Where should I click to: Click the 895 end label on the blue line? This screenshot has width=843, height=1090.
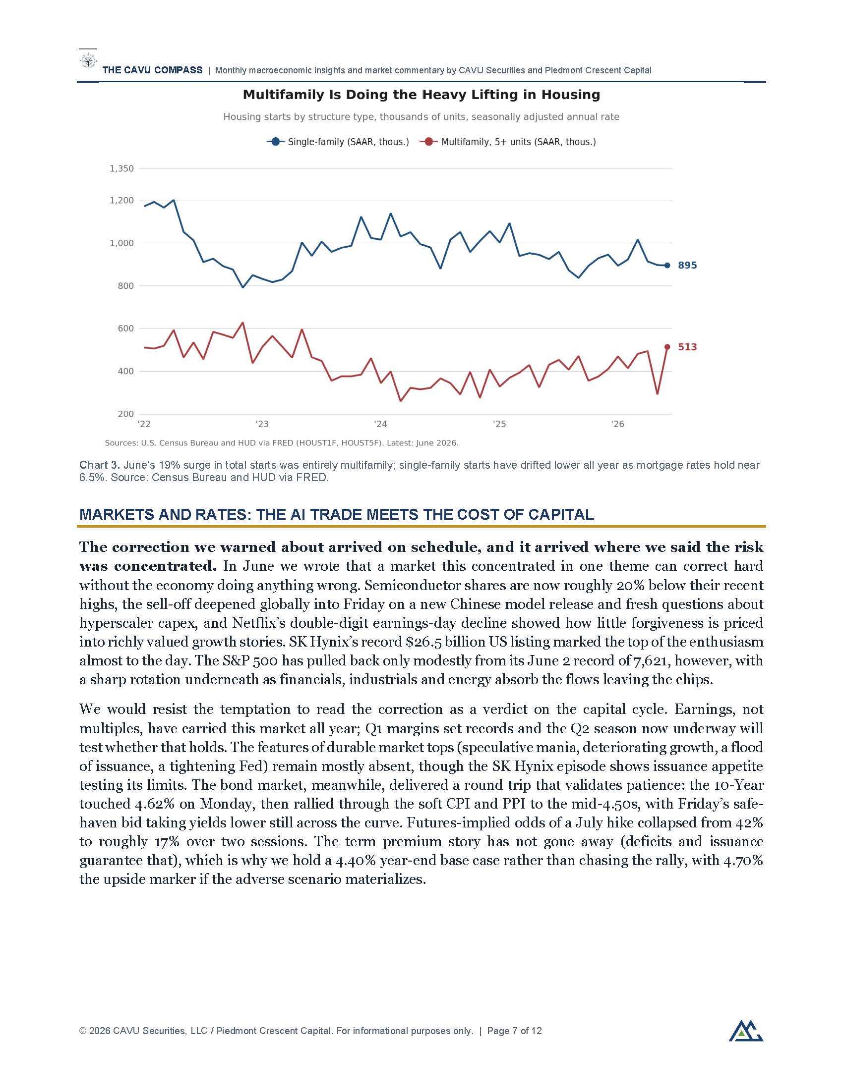tap(687, 266)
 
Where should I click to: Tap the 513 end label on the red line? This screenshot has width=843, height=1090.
tap(687, 347)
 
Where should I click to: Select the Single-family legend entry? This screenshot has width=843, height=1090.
tap(338, 142)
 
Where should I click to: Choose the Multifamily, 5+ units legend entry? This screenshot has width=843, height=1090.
tap(507, 142)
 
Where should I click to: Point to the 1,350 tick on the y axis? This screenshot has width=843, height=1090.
tap(122, 168)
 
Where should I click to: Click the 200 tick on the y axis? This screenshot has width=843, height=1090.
tap(126, 414)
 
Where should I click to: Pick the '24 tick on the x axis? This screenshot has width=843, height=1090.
tap(380, 424)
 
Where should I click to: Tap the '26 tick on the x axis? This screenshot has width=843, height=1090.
tap(618, 424)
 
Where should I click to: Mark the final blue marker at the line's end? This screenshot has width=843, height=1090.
tap(667, 266)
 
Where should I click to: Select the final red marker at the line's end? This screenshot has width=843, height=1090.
tap(667, 347)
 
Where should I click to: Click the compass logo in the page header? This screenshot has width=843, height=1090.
tap(88, 61)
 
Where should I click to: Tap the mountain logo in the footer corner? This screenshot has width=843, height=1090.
tap(746, 1031)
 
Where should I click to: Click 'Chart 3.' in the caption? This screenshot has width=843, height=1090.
tap(100, 465)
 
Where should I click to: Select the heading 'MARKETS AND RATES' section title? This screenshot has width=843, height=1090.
tap(337, 515)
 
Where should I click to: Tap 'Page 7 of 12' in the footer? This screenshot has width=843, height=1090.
tap(514, 1031)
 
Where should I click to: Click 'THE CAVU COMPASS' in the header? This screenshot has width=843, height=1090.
tap(153, 70)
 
